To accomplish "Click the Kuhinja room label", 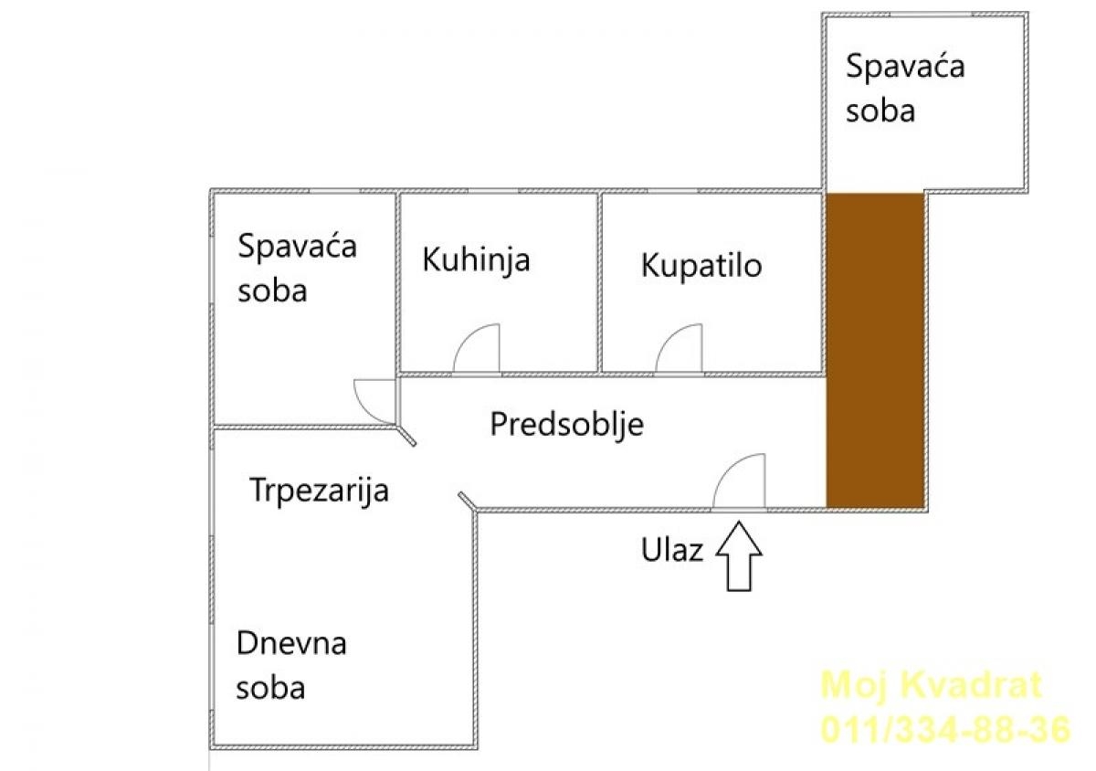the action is point(476,260).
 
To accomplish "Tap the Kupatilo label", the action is point(701,267).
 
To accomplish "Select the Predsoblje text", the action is point(566,425).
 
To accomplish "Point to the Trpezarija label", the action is point(319,491).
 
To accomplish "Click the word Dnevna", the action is point(291,643).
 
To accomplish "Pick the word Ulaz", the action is point(672,550).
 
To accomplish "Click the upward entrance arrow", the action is point(739,556).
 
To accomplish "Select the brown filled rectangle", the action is point(875,351).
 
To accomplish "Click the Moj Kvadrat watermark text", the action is point(931,685).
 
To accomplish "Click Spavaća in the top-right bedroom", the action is point(905,66).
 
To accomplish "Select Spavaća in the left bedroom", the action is point(297,246).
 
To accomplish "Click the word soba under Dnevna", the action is point(270,688).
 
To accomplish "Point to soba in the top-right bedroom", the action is point(880,111).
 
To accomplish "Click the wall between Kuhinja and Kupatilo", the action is point(599,282).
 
